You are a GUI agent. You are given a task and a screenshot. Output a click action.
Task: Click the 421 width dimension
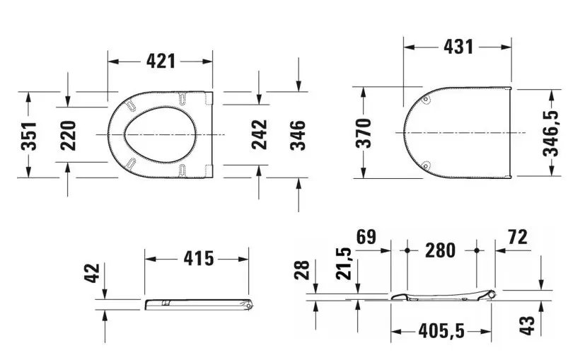161,61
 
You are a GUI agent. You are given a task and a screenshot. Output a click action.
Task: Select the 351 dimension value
28,136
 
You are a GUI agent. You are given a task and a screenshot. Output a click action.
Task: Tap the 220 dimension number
68,136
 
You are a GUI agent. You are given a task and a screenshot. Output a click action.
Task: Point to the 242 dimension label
259,134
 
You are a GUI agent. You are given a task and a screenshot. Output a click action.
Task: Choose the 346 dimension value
297,135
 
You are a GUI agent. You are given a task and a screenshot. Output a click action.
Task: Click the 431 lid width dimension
458,47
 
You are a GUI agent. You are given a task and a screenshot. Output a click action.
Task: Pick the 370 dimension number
364,133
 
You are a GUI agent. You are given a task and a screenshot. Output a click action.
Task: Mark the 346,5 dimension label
550,134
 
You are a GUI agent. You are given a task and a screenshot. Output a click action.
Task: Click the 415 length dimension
199,259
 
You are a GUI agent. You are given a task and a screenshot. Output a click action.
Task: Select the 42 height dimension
92,273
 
